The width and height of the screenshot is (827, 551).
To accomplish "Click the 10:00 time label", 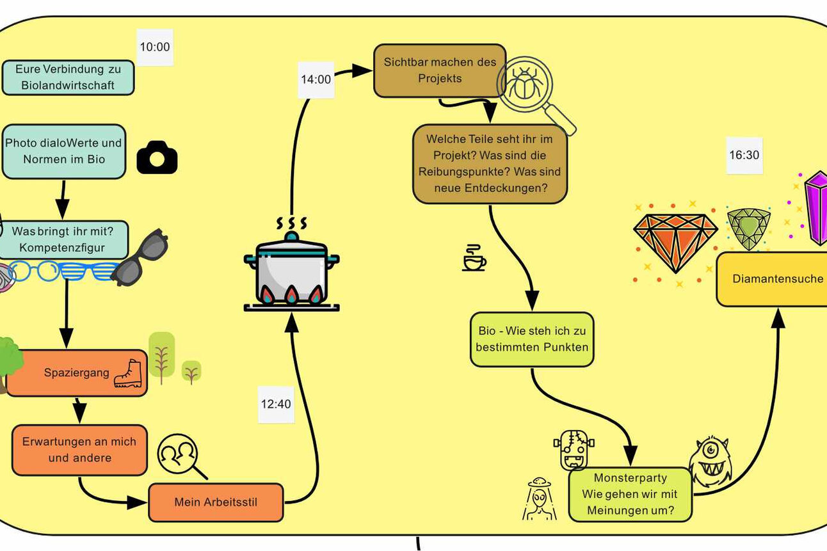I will coord(155,47).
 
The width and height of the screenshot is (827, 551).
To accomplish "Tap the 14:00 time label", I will coord(316,79).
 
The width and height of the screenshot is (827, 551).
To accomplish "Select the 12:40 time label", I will coord(276,404).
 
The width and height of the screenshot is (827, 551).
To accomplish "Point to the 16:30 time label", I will coord(744,155).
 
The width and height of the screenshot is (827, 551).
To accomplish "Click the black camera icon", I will coord(157,157).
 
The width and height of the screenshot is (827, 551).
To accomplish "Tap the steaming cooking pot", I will coord(292,269).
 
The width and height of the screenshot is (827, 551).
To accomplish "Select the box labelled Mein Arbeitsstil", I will coord(216,502).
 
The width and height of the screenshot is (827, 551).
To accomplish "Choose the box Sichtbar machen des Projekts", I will coord(439,70).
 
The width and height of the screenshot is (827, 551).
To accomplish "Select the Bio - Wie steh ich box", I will coord(532,339).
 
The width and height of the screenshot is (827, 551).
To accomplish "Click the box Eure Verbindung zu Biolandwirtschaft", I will coord(68,77).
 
